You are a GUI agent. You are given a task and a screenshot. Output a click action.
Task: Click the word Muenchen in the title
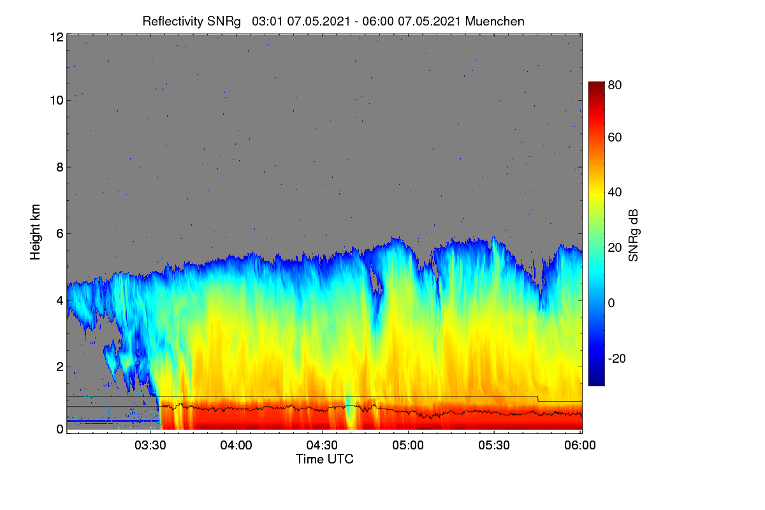tap(495, 22)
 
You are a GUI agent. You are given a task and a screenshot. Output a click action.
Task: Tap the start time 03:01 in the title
tap(267, 22)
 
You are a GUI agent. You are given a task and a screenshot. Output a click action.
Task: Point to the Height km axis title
tap(35, 232)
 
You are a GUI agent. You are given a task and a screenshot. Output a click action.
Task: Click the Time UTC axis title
tap(324, 459)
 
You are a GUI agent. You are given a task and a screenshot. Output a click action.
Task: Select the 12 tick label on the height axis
tap(57, 37)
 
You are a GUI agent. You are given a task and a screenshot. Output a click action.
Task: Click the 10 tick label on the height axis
tap(57, 101)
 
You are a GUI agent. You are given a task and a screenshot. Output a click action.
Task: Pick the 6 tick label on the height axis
tap(60, 234)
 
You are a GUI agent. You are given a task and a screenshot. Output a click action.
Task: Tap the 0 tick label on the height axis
tap(60, 429)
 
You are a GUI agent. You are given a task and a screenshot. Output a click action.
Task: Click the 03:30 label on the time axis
tap(150, 445)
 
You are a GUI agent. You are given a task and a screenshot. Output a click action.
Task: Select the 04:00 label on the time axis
tap(236, 445)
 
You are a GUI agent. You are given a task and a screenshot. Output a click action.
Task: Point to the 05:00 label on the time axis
tap(408, 445)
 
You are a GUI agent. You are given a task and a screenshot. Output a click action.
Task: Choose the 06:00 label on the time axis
tap(580, 445)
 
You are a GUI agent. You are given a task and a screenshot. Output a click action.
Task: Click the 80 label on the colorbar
tap(615, 85)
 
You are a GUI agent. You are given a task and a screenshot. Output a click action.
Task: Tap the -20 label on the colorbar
tap(617, 358)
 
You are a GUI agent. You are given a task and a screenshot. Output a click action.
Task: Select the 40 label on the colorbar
tap(615, 193)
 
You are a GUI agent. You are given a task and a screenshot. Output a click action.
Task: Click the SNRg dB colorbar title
tap(633, 235)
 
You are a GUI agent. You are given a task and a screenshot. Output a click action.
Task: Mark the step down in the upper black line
tap(538, 398)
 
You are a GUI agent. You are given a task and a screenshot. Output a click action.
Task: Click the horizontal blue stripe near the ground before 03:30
tap(113, 421)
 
